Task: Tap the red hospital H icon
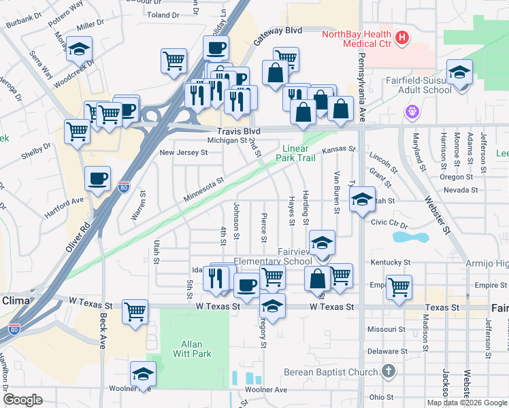point(402,37)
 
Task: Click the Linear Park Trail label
point(295,153)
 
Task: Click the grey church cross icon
point(388,371)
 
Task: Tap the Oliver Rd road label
point(78,235)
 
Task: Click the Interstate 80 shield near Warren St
point(123,186)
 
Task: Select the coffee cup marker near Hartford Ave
point(97,179)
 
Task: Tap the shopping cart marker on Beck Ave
point(135,312)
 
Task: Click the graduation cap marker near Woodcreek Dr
point(80,50)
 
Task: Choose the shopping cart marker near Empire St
point(399,286)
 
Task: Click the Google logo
point(22,400)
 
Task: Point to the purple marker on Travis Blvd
point(411,111)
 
